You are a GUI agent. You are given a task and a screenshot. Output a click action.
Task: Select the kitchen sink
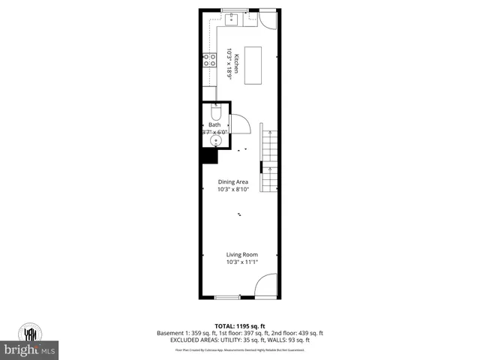pos(232,19)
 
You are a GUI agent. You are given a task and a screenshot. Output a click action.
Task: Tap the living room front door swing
pos(265,286)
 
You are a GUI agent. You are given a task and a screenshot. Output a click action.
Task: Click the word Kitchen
pos(235,64)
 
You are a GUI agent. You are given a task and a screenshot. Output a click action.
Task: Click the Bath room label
pos(214,124)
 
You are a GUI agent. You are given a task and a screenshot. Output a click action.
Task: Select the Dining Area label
pos(232,182)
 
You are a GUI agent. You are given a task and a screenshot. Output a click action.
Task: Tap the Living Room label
pos(241,255)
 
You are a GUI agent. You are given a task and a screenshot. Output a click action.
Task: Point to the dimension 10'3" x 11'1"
pos(241,262)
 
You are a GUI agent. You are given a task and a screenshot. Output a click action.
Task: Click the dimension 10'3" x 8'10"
pos(232,189)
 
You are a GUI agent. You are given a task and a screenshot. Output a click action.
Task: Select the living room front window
pos(226,298)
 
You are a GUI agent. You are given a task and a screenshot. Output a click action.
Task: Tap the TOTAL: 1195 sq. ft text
pos(240,325)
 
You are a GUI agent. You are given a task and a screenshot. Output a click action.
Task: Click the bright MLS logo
pos(30,349)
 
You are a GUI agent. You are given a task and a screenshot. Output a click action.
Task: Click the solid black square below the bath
pos(208,155)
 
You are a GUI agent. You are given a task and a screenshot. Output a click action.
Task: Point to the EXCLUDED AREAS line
pos(240,340)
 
